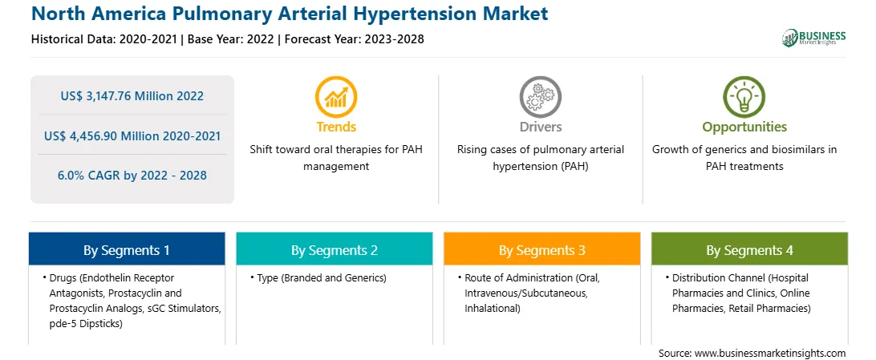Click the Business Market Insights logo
[813, 38]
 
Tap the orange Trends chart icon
[336, 96]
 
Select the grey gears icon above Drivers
[540, 96]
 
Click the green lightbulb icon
[744, 96]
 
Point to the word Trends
[336, 127]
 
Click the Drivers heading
[540, 127]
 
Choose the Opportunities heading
[744, 127]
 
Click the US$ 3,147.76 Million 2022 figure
[132, 96]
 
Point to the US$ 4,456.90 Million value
[111, 136]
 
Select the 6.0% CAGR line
[132, 176]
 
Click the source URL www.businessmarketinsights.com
[770, 354]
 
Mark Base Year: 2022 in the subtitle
[230, 39]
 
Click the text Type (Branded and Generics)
[321, 277]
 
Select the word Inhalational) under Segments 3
[493, 308]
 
